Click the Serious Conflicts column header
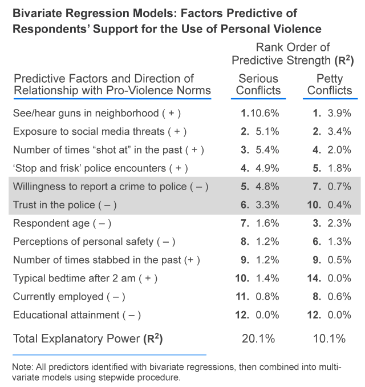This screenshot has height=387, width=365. pos(258,84)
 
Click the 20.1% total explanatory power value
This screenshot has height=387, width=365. pos(258,338)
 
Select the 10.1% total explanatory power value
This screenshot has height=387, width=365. pos(329,338)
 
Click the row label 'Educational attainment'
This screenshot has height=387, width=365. pos(76,315)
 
